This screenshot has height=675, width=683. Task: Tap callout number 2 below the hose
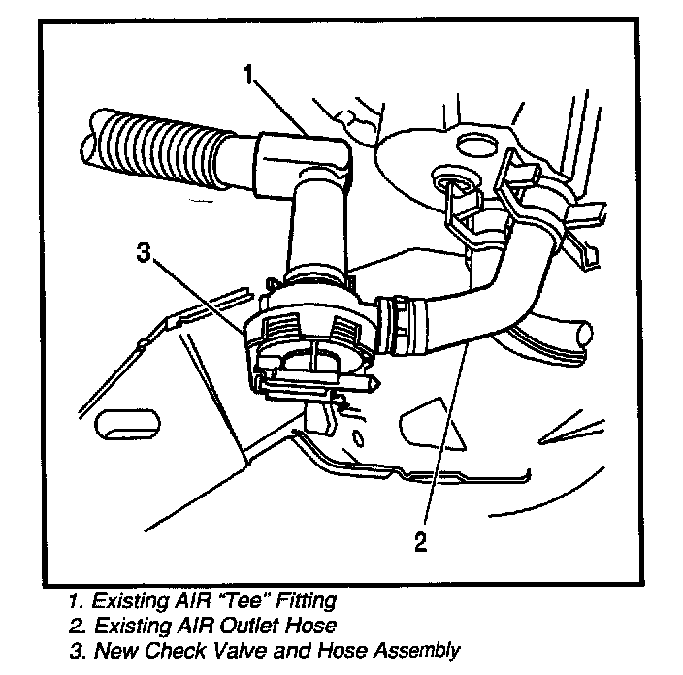[421, 540]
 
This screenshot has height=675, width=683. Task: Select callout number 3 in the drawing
[144, 255]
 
